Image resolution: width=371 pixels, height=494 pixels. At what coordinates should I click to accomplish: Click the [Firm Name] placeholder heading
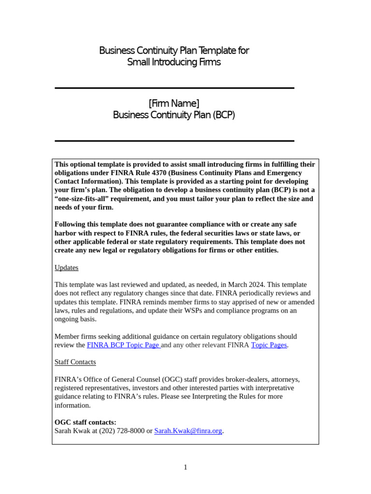174,103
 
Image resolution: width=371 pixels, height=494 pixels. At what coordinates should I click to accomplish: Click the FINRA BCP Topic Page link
123,345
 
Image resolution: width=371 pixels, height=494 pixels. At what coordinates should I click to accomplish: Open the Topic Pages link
269,345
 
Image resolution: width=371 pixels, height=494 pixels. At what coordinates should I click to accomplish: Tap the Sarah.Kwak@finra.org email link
188,431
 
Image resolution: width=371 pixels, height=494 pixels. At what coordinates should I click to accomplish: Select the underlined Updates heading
66,267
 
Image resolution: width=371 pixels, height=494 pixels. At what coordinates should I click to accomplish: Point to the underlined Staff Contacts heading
75,362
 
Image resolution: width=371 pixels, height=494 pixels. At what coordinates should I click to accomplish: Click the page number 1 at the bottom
185,467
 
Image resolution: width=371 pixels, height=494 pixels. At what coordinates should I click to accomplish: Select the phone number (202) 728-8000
122,431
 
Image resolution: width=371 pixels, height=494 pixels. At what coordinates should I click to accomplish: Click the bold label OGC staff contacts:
85,422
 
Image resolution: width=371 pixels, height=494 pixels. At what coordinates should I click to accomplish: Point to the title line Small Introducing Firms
174,62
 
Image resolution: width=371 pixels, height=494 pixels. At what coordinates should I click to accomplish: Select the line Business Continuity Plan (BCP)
174,115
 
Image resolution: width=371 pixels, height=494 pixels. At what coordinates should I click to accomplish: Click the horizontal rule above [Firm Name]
174,88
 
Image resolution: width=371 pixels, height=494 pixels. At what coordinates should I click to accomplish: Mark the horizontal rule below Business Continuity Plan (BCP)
174,141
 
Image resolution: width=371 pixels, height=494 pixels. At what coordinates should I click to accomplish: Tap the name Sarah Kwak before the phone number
72,431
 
